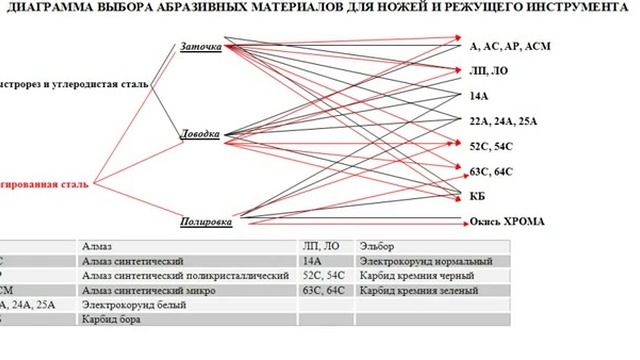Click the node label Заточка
[x=201, y=47]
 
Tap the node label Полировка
[x=207, y=221]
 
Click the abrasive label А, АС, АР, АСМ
[x=509, y=47]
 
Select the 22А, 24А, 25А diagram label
[x=503, y=121]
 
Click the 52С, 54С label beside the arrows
[x=490, y=146]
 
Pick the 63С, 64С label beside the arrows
[x=490, y=171]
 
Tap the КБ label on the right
[x=477, y=194]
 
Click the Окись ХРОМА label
[x=507, y=221]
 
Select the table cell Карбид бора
[x=111, y=320]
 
